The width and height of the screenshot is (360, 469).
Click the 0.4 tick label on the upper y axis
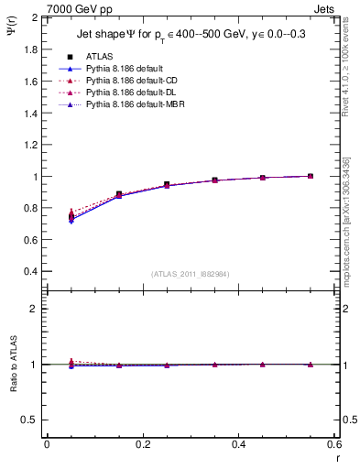point(31,272)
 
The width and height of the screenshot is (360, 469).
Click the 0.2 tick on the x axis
point(142,443)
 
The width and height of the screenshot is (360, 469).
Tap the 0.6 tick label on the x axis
point(333,443)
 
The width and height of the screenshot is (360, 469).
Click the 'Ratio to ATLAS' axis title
point(13,365)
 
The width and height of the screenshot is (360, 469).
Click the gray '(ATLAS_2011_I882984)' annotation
point(190,274)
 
